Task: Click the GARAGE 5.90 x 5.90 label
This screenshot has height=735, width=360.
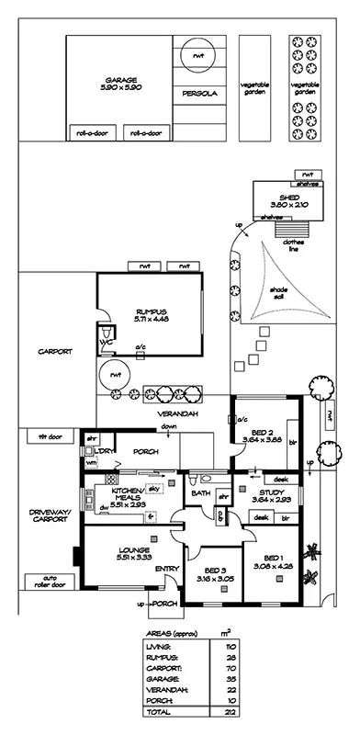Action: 120,84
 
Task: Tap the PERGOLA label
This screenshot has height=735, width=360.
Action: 197,94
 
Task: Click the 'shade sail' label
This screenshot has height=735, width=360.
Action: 278,291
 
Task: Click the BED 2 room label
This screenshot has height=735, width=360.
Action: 263,435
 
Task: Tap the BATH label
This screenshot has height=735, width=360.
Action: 201,493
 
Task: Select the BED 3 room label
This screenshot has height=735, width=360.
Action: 214,577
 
